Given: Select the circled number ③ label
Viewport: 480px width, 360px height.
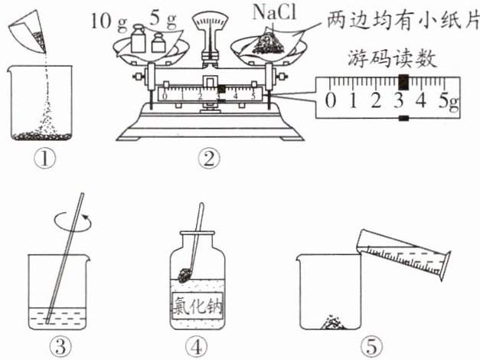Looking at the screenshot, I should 56,346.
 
